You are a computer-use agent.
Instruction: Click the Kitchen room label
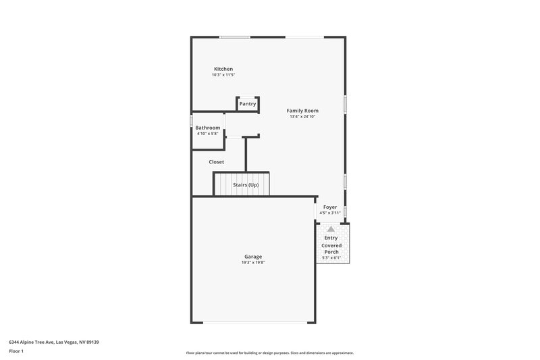coord(223,69)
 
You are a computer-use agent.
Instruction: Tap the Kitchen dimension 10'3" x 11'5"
coord(223,75)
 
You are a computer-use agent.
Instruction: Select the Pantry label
coord(248,104)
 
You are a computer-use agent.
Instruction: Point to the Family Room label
coord(302,110)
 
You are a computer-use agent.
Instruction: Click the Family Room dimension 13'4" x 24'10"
coord(302,116)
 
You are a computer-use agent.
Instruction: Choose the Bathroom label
coord(208,128)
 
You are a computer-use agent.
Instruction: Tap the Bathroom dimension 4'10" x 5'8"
coord(208,134)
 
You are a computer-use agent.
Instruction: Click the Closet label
coord(217,162)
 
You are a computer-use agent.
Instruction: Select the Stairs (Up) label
coord(246,185)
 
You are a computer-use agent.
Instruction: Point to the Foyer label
coord(330,207)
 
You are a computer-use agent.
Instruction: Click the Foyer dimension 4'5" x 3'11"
coord(330,213)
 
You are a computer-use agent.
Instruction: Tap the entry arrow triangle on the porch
coord(331,230)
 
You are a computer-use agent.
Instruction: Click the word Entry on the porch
coord(331,238)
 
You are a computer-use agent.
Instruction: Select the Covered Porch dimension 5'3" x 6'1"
coord(331,257)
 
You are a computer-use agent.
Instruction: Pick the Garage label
coord(253,256)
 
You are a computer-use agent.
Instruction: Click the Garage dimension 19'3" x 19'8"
coord(253,262)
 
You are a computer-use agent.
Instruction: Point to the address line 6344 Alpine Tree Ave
coord(53,342)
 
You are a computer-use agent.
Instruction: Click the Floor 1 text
coord(16,352)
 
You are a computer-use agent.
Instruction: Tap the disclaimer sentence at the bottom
coord(269,353)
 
